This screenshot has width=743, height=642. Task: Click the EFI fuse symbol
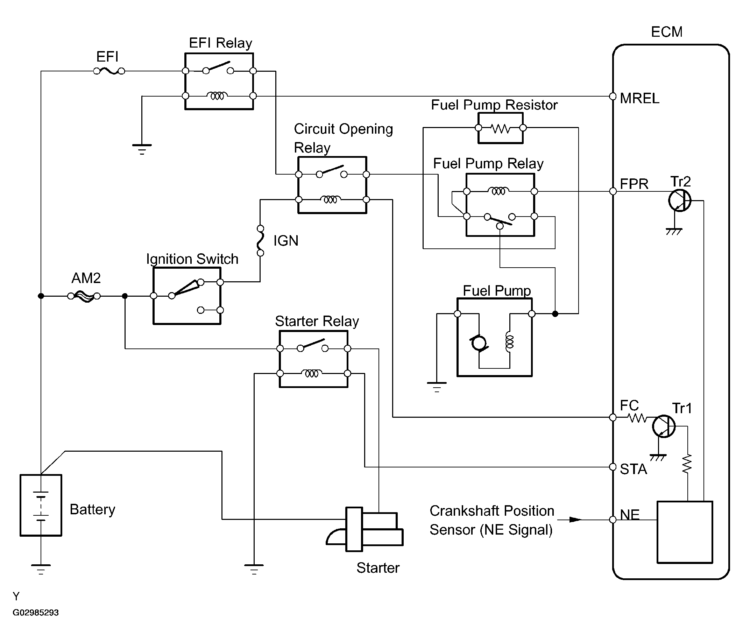point(109,71)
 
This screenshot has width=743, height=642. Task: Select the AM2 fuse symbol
point(84,296)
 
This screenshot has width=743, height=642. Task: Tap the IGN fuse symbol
point(261,241)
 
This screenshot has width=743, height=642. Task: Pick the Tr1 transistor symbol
point(664,426)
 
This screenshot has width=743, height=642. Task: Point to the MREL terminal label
point(640,98)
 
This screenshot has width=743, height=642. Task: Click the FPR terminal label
point(634,184)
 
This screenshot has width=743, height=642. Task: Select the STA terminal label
point(634,469)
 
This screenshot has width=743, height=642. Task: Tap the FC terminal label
point(629,405)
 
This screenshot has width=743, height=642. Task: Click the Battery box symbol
point(41,505)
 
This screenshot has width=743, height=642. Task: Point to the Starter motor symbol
point(365,529)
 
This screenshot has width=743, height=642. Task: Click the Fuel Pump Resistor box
point(501,128)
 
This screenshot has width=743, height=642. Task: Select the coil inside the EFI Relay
point(217,96)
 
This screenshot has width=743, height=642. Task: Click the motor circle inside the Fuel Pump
point(479,343)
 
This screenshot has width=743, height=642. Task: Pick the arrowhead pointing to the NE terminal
point(575,519)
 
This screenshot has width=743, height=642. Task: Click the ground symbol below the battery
point(41,569)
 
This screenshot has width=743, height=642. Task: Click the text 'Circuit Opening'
point(344,129)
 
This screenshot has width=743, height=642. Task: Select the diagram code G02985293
point(35,613)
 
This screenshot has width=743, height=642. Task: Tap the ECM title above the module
point(667,32)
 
